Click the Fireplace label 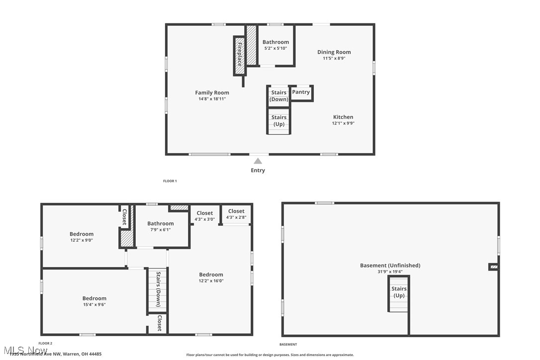(239, 54)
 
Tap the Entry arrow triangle (258, 161)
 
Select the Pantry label (301, 92)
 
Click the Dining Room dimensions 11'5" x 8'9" (334, 58)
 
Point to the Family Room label (212, 92)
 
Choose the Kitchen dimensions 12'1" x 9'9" (343, 123)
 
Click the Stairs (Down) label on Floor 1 (279, 95)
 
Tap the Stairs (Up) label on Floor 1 (279, 121)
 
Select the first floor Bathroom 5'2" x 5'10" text (275, 48)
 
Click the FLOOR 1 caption (170, 181)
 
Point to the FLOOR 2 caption (45, 343)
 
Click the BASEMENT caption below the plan (288, 344)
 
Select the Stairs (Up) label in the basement (399, 292)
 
